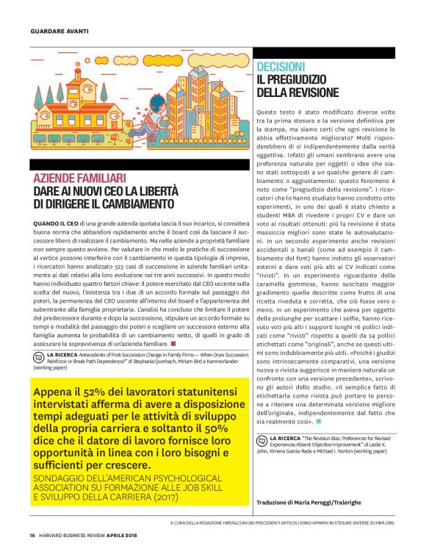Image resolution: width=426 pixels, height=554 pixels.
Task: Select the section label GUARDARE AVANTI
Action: click(59, 32)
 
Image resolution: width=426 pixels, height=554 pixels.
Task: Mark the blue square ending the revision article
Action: click(320, 422)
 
